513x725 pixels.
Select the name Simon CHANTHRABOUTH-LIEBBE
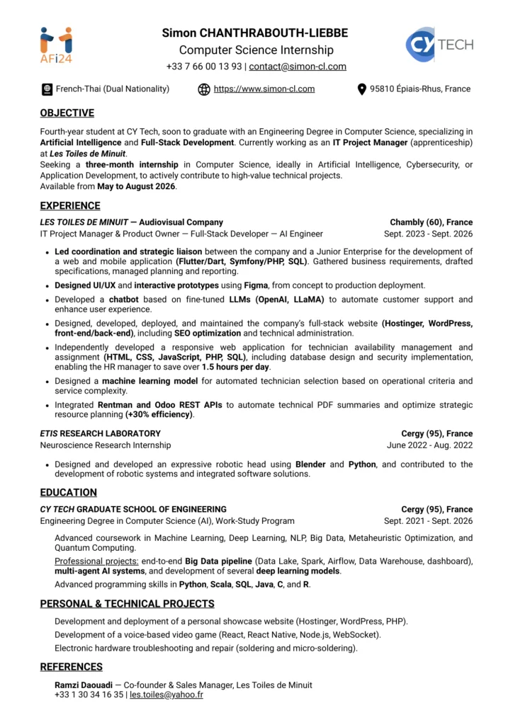255,33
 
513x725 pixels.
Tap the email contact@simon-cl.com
298,67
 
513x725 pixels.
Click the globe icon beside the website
204,89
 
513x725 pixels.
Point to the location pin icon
362,89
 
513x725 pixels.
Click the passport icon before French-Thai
47,89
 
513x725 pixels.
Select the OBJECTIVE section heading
67,113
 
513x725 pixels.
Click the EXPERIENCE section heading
70,206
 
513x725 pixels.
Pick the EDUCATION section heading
68,493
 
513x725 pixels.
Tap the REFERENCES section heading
71,667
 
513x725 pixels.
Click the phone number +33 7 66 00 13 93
204,67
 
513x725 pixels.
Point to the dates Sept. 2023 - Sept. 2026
428,234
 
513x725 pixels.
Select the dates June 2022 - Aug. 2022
429,445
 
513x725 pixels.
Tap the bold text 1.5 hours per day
235,367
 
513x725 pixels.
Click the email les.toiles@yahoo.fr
167,695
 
